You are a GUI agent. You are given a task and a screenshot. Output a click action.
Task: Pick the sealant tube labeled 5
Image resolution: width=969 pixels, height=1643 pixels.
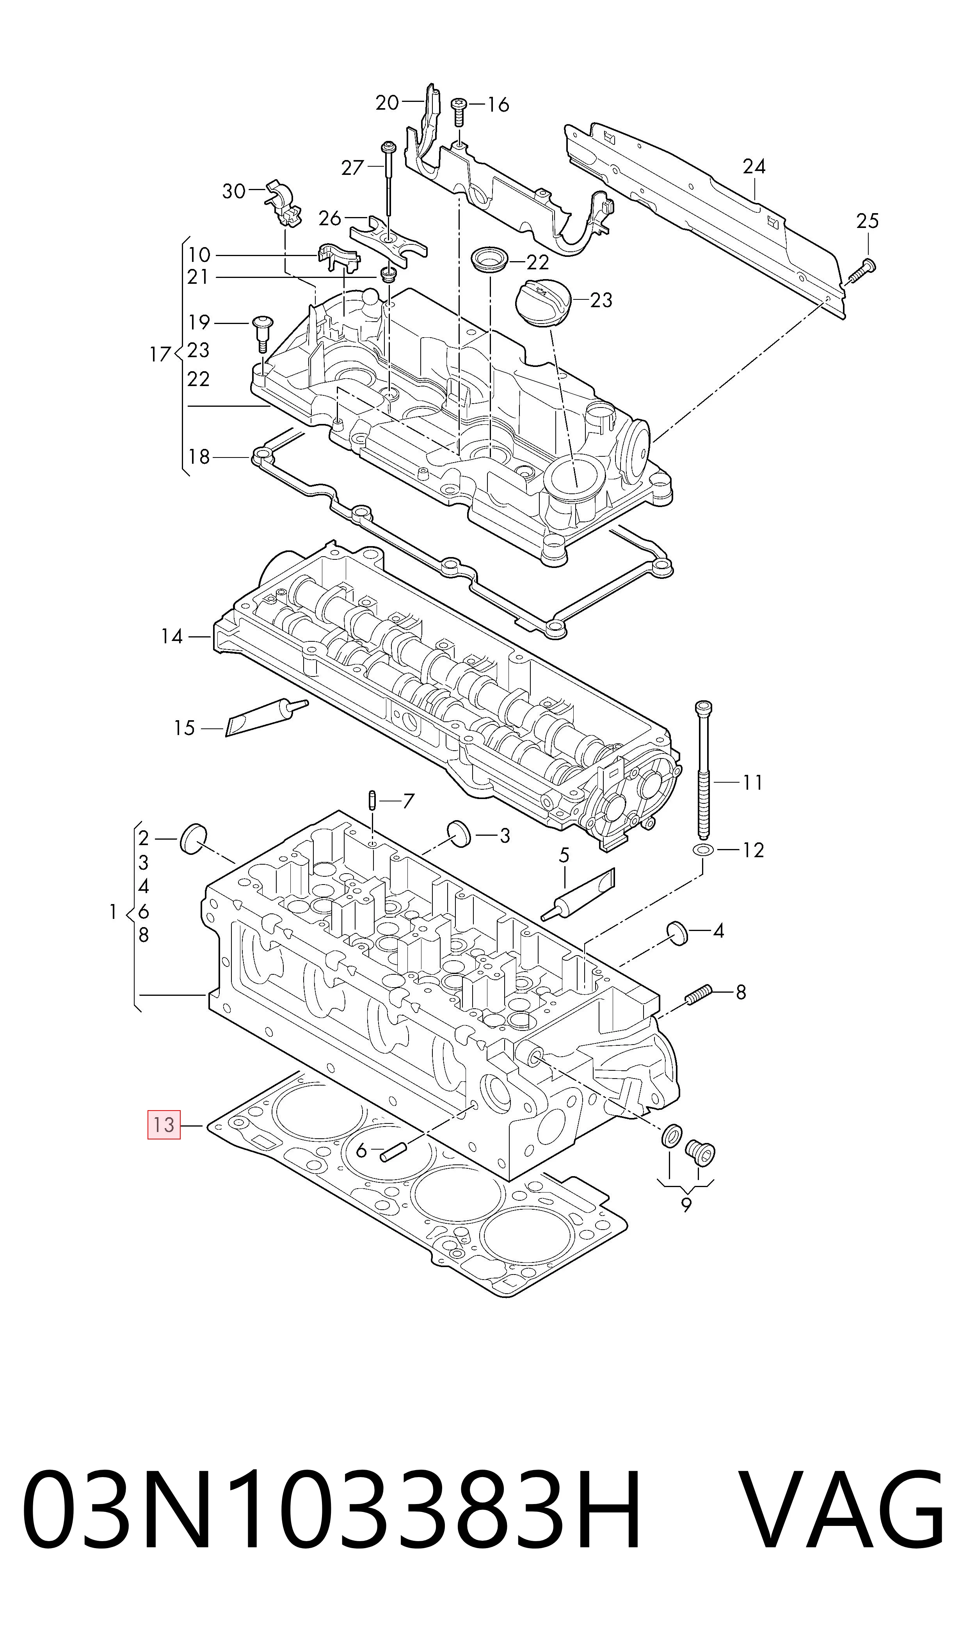coord(578,895)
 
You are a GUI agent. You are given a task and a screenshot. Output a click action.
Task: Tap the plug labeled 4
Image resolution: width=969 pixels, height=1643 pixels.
coord(677,933)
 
